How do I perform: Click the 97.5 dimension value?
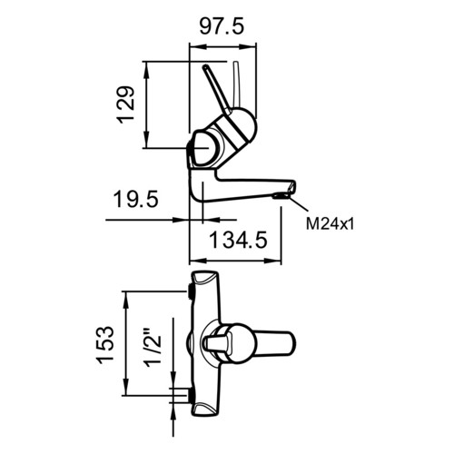coord(222,27)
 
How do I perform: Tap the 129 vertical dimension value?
coord(126,104)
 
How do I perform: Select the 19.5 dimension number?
coord(136,199)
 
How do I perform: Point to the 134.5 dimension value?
coord(239,240)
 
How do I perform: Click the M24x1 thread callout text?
coord(330,224)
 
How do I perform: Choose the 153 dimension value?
coord(105,344)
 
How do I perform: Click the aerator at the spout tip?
coord(281,196)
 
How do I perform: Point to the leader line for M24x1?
coord(299,203)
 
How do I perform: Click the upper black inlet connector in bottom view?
coord(192,291)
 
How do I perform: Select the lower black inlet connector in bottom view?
coord(192,396)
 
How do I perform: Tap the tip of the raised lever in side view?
coord(205,66)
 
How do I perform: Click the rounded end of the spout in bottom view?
coord(291,343)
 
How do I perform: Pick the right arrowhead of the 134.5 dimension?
coord(273,261)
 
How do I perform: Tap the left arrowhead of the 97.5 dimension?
coord(197,46)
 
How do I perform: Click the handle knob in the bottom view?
coord(218,343)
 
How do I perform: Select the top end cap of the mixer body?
coord(204,277)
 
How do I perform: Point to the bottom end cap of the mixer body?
coord(204,410)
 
